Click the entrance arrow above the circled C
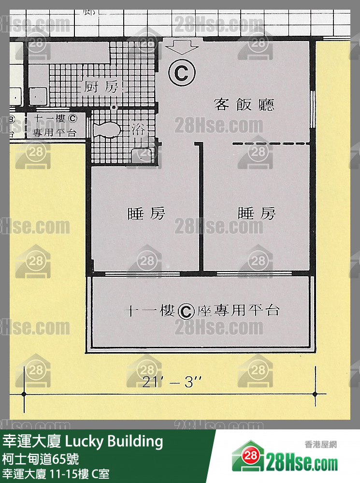click(x=182, y=47)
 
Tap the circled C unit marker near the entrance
click(x=182, y=73)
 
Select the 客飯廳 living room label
click(x=244, y=104)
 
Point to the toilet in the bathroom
click(x=107, y=130)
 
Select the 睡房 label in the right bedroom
click(x=257, y=213)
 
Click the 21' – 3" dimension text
click(x=172, y=382)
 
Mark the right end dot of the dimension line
click(x=316, y=394)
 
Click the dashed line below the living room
click(x=271, y=143)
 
